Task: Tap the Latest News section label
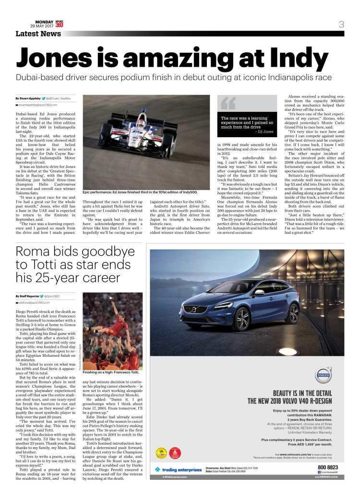(38, 34)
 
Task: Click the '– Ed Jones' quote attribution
(264, 131)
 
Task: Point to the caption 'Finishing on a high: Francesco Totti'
(110, 358)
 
